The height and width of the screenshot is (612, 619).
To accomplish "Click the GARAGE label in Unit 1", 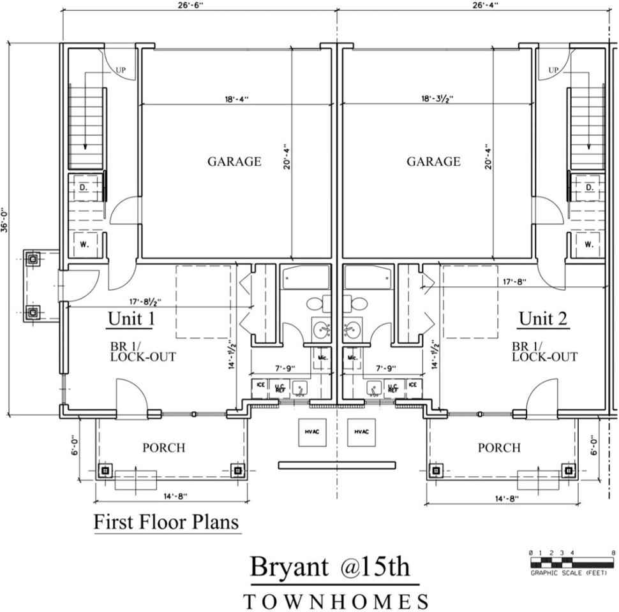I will point(234,161).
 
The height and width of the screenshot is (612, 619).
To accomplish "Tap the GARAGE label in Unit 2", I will point(433,161).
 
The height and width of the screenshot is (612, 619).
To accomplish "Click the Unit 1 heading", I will point(131,318).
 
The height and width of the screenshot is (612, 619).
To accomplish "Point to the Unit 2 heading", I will point(543,318).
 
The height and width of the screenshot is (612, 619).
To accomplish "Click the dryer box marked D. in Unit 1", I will point(84,187).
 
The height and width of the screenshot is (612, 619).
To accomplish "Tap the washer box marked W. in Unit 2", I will point(589,244).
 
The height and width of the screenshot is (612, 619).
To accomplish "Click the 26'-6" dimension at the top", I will point(198,4).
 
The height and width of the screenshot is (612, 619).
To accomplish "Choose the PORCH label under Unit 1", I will point(163,448).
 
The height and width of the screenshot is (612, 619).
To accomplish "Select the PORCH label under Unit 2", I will point(499,448).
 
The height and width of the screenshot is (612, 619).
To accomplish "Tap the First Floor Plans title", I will point(166,522).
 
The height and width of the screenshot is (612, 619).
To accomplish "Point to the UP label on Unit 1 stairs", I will point(121,70).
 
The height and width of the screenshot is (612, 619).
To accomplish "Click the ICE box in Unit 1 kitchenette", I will point(260,385).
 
